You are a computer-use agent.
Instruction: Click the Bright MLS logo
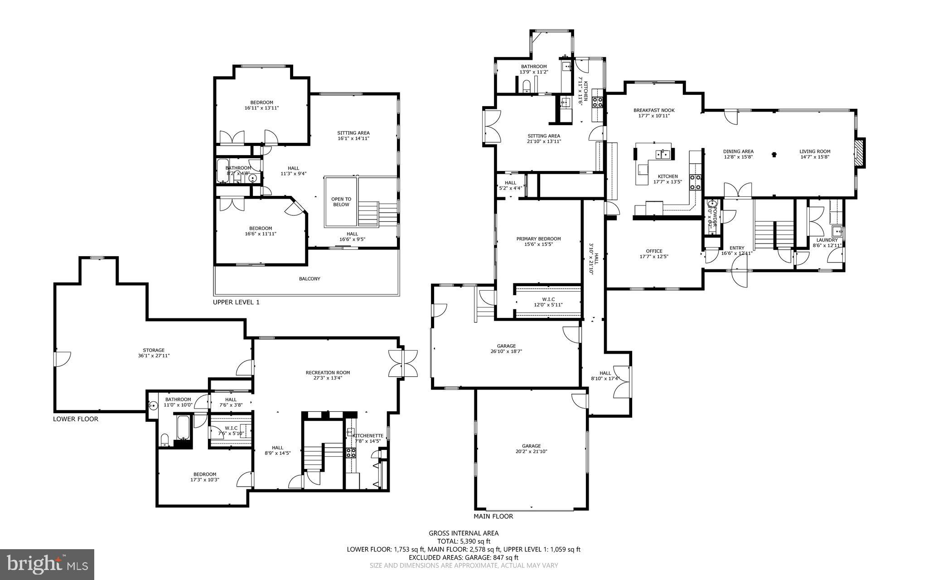[x=47, y=564]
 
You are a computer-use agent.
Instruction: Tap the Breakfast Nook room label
[x=654, y=110]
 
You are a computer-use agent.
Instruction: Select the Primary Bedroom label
[x=538, y=239]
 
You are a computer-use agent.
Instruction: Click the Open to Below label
[x=341, y=202]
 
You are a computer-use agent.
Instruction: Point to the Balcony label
[x=309, y=279]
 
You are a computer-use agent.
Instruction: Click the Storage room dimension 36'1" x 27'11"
[x=154, y=356]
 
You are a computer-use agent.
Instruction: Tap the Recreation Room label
[x=328, y=373]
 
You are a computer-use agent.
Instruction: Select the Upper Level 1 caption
[x=236, y=302]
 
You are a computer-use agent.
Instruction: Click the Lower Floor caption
[x=75, y=419]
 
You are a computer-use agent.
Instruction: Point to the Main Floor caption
[x=493, y=516]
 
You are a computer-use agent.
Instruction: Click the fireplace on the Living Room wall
[x=860, y=153]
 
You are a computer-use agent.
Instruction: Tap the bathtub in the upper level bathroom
[x=222, y=171]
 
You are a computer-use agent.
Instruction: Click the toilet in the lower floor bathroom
[x=164, y=440]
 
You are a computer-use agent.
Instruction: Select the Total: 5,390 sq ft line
[x=464, y=541]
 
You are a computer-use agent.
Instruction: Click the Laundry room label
[x=826, y=240]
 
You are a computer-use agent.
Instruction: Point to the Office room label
[x=654, y=251]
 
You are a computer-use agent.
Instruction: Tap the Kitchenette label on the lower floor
[x=368, y=436]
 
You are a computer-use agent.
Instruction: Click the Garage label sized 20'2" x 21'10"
[x=531, y=446]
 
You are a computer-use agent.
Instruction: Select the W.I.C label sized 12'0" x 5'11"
[x=548, y=299]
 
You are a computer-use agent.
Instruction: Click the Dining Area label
[x=738, y=151]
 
